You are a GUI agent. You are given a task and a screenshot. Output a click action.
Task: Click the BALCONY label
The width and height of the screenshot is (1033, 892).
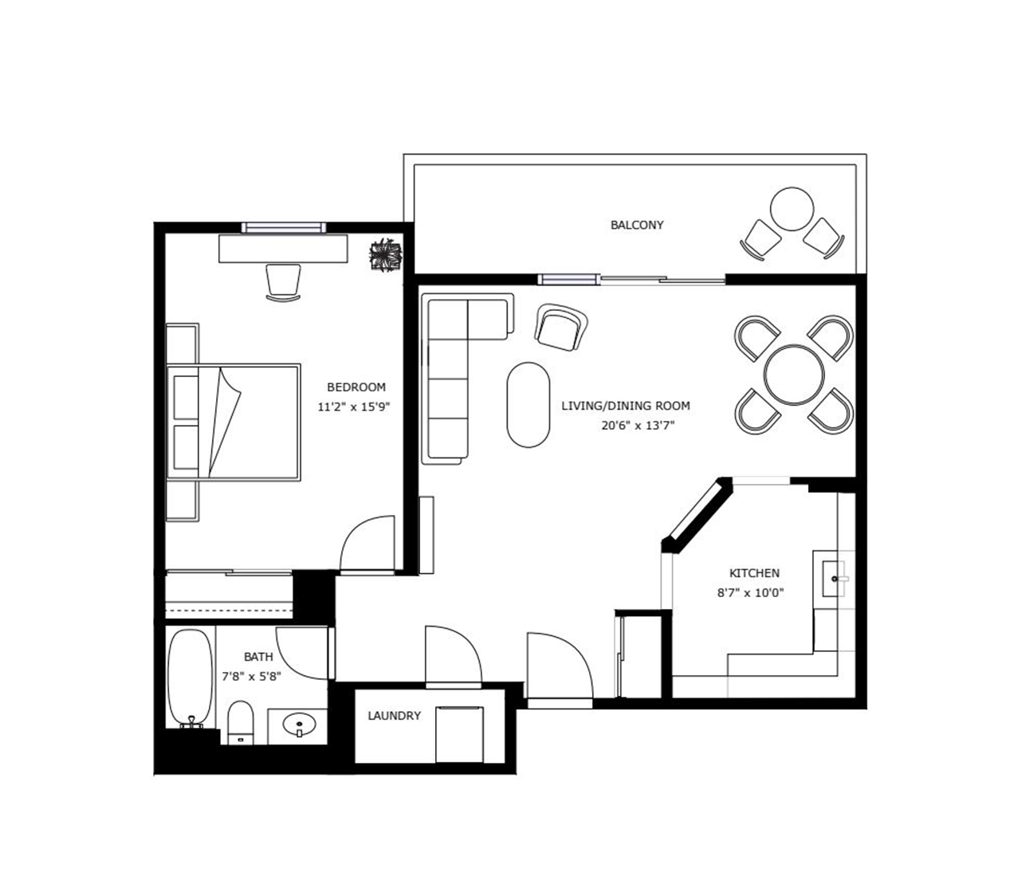[637, 225]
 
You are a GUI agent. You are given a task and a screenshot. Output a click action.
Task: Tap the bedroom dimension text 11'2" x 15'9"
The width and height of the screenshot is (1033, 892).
[353, 407]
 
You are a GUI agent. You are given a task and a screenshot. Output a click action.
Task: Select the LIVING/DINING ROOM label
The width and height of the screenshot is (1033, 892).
[626, 406]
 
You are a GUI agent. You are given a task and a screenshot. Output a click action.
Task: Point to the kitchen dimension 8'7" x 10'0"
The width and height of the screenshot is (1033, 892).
[751, 593]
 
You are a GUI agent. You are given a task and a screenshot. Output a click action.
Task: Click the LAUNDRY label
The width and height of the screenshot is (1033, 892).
[395, 716]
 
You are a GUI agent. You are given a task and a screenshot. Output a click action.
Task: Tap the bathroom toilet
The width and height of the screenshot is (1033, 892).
[241, 723]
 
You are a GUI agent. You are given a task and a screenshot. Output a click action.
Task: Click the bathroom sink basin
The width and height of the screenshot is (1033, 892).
[299, 724]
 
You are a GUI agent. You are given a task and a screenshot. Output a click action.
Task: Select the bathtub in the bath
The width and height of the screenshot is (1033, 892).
[190, 678]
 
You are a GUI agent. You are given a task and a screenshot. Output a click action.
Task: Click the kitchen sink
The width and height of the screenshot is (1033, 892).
[835, 579]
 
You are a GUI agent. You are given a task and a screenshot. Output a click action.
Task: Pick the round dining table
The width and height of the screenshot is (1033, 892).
[794, 375]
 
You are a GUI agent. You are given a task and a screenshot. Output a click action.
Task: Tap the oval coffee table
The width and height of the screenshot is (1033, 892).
[528, 405]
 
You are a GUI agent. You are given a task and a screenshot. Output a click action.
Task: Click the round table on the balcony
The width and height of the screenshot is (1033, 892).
[791, 209]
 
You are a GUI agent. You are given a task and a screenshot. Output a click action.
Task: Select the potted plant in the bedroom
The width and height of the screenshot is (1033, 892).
[387, 255]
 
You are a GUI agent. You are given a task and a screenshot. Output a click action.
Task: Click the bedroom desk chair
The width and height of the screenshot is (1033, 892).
[283, 283]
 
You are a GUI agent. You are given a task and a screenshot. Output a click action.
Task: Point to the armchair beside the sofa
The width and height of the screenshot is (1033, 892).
[560, 328]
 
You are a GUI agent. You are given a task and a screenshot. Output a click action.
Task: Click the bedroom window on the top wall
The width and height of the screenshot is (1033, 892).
[284, 228]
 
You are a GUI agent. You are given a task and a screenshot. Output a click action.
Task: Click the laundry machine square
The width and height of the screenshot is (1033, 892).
[459, 734]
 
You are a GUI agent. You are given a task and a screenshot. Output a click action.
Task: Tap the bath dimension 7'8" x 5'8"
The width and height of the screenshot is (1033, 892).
[251, 677]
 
